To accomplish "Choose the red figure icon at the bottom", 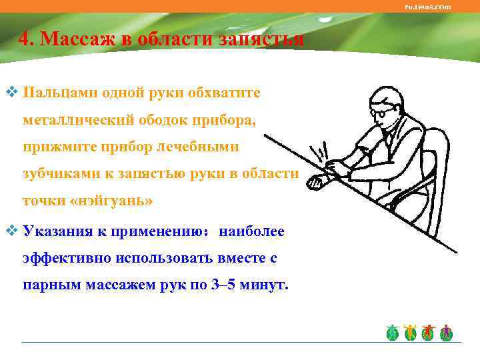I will [429, 331].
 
